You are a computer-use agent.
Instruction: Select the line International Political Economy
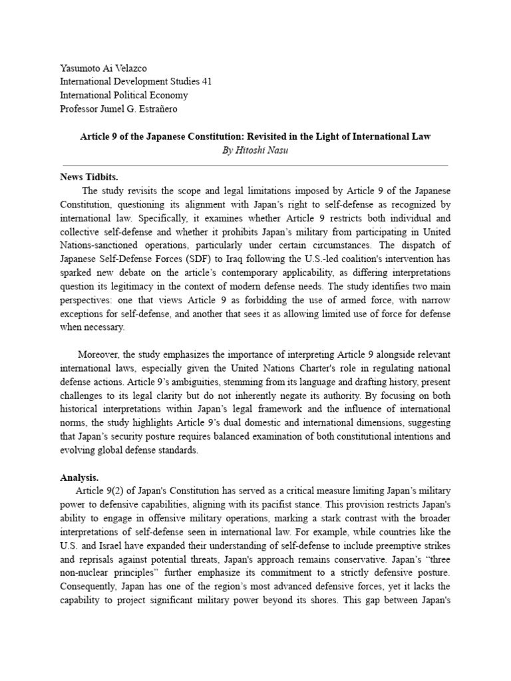(124, 94)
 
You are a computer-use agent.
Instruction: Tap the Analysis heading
(79, 477)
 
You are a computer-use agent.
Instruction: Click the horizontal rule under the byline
(255, 164)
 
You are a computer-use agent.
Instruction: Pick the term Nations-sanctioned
(95, 245)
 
